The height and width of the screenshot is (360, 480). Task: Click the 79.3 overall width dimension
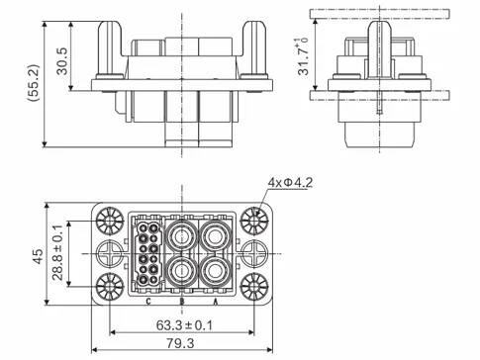coord(181,345)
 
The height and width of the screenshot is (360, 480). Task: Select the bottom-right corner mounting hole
coord(254,287)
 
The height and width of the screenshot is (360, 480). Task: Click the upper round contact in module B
coord(181,237)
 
